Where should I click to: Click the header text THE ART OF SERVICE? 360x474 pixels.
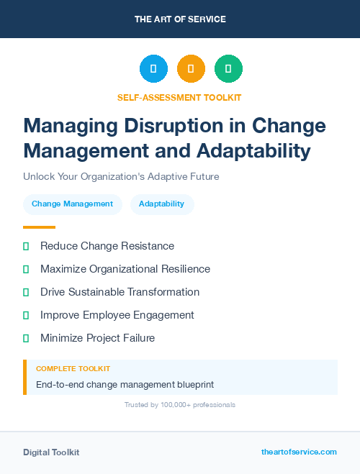click(x=180, y=19)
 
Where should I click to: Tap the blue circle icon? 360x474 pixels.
click(x=153, y=69)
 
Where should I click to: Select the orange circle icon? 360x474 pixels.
click(x=191, y=69)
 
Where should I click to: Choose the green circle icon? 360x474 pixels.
click(x=228, y=69)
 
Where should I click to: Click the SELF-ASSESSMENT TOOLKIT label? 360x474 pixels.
click(x=179, y=97)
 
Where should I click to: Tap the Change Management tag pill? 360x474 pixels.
click(x=72, y=204)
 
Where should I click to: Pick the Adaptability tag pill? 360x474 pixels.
click(x=161, y=204)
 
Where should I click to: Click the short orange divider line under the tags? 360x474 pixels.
click(x=39, y=227)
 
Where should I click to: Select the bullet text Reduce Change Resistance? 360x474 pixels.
click(x=107, y=246)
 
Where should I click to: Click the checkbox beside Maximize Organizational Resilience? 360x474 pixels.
click(x=26, y=269)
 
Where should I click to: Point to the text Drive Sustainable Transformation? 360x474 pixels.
click(x=120, y=292)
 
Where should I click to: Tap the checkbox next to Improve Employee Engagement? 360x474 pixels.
click(x=26, y=315)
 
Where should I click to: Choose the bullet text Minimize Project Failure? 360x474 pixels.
click(x=97, y=338)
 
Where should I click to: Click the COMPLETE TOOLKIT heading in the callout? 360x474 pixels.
click(x=69, y=369)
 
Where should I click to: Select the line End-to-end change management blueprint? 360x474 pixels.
click(x=125, y=385)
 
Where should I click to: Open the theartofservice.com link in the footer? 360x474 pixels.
click(x=299, y=452)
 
